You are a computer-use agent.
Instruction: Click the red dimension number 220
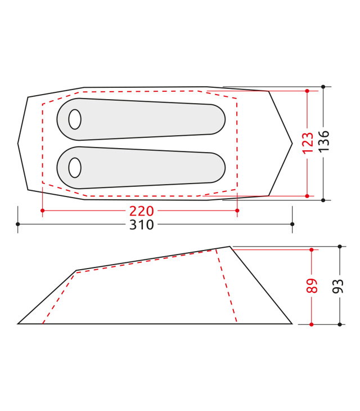coord(141,211)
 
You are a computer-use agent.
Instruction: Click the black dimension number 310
coord(141,225)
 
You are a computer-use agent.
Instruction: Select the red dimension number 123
coord(308,143)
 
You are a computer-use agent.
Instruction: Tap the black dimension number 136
coord(323,141)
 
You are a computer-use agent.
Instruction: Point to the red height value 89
coord(312,285)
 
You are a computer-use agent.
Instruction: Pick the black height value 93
coord(337,286)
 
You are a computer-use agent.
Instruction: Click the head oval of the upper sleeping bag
coord(75,119)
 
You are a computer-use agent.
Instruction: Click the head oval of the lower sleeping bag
coord(75,167)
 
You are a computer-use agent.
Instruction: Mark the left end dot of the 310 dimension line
coord(18,224)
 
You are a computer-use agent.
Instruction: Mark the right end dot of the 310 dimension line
coord(292,224)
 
